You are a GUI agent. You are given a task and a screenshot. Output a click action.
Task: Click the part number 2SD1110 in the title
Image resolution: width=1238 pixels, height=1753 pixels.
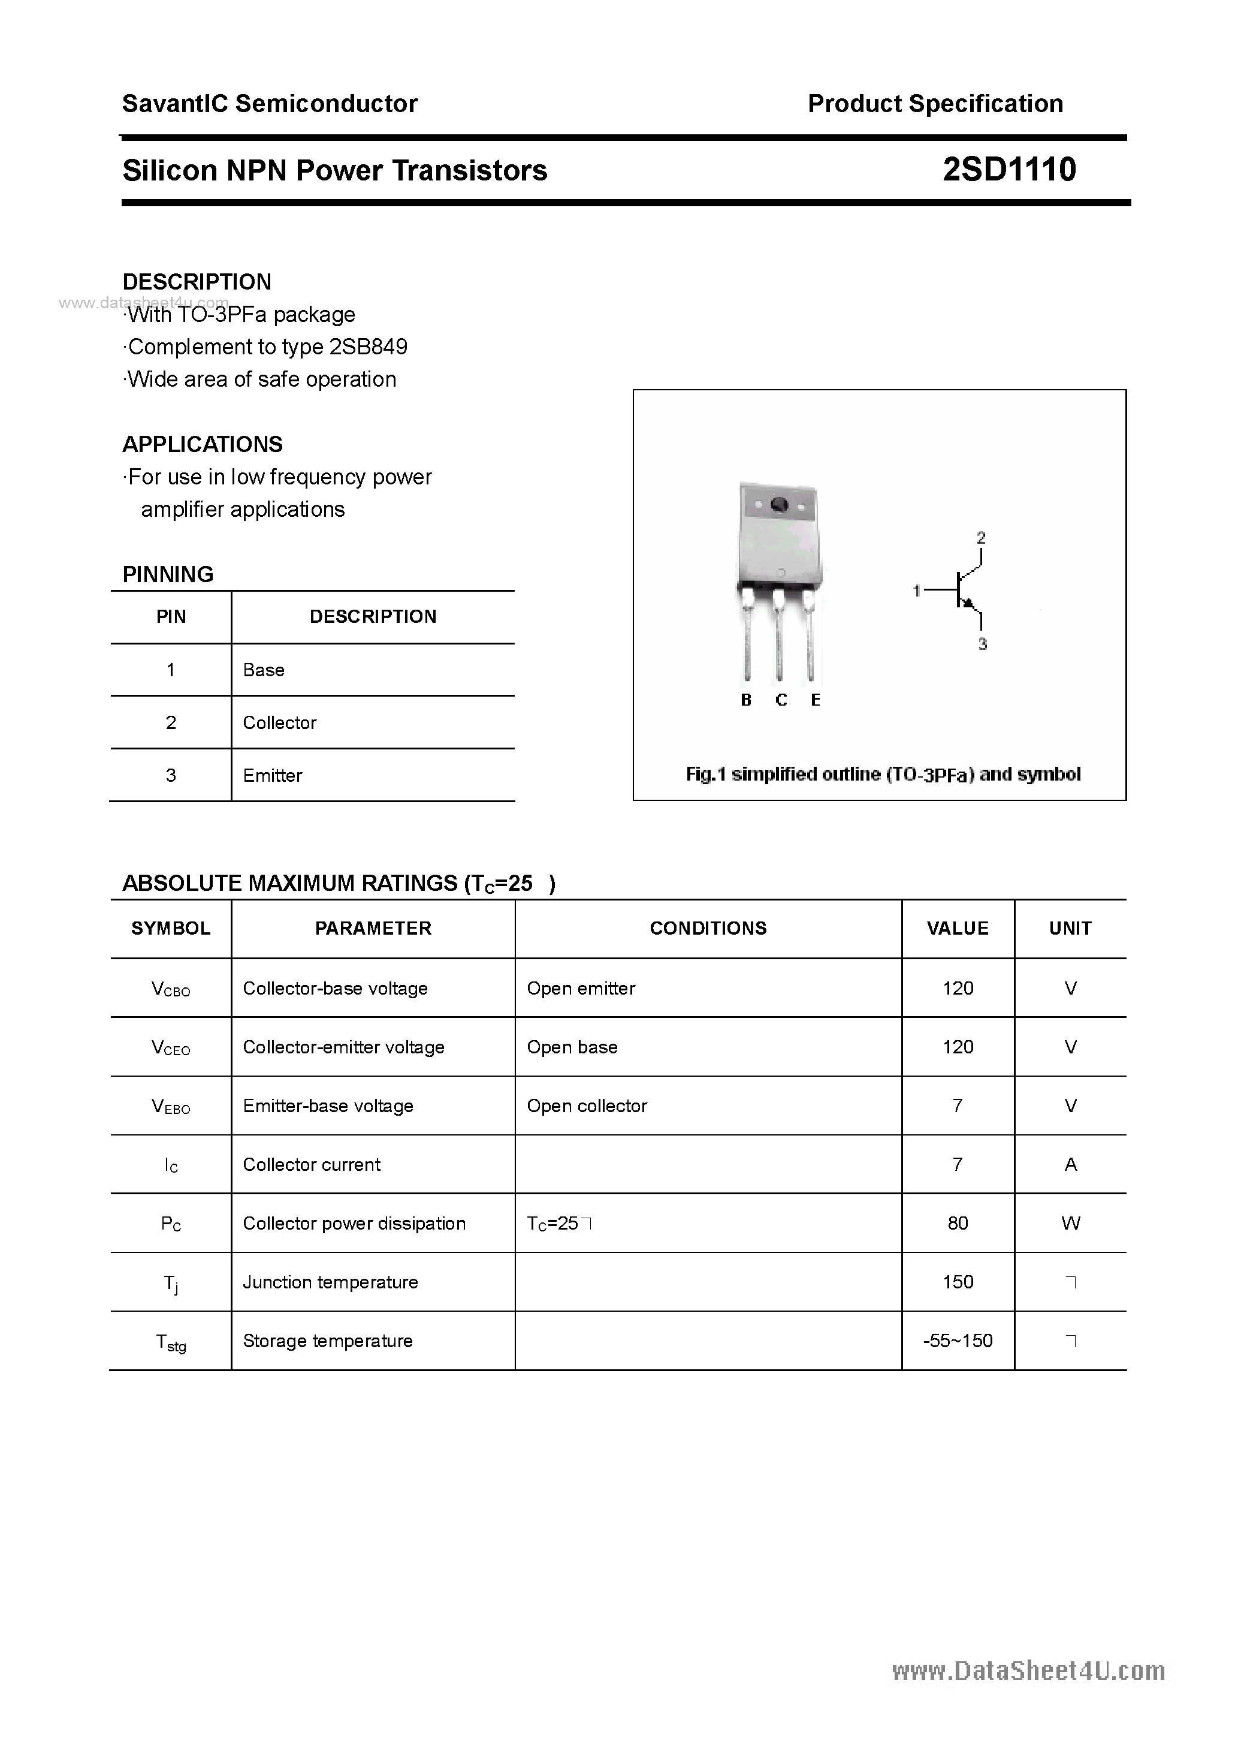1008,170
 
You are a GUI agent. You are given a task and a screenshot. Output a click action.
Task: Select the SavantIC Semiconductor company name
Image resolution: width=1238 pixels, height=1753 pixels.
270,104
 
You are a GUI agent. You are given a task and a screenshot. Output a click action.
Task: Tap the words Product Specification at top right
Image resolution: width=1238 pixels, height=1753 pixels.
935,104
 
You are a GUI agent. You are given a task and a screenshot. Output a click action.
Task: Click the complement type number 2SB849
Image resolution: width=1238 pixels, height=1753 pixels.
368,347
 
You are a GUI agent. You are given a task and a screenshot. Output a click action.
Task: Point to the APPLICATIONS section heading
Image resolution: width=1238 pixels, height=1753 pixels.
203,444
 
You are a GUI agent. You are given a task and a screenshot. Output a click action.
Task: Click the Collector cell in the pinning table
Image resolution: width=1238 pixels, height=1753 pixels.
279,722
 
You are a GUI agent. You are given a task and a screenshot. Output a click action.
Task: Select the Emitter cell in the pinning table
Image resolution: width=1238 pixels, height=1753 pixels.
273,775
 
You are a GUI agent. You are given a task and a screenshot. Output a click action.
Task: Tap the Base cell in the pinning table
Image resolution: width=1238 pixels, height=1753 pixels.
263,670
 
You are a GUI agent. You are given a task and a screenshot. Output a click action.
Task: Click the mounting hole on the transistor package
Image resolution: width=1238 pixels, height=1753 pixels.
779,505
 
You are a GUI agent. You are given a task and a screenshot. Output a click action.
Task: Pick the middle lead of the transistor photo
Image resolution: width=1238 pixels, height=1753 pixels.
778,641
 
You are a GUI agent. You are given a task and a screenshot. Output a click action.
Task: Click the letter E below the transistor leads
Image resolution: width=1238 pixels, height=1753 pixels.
815,700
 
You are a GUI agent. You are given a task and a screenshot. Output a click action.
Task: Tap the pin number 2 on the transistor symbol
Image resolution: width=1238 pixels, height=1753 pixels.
981,538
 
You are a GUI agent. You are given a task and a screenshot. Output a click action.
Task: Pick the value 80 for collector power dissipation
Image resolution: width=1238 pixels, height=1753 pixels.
957,1223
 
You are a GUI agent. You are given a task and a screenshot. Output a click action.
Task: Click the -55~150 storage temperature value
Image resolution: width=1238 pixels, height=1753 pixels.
957,1341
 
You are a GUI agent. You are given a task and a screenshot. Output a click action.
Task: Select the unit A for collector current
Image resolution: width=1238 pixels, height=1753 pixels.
1070,1164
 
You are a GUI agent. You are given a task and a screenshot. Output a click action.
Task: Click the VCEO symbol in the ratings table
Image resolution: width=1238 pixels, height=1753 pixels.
171,1047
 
